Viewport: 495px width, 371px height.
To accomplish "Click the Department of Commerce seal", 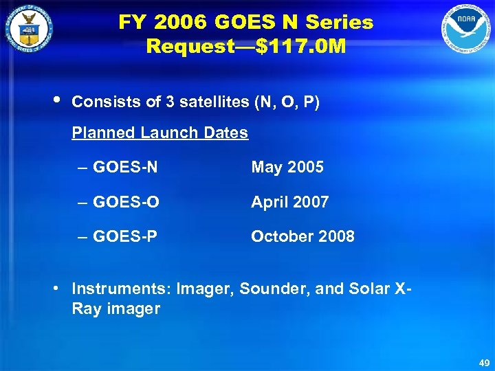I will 28,30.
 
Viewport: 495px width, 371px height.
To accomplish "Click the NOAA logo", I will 467,30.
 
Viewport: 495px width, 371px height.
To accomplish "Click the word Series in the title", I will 341,22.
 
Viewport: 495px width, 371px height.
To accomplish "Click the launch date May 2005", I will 287,167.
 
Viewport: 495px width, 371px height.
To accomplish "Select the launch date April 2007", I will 290,202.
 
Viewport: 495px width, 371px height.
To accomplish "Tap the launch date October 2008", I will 303,236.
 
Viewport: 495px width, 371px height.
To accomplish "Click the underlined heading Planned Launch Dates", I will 160,133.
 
